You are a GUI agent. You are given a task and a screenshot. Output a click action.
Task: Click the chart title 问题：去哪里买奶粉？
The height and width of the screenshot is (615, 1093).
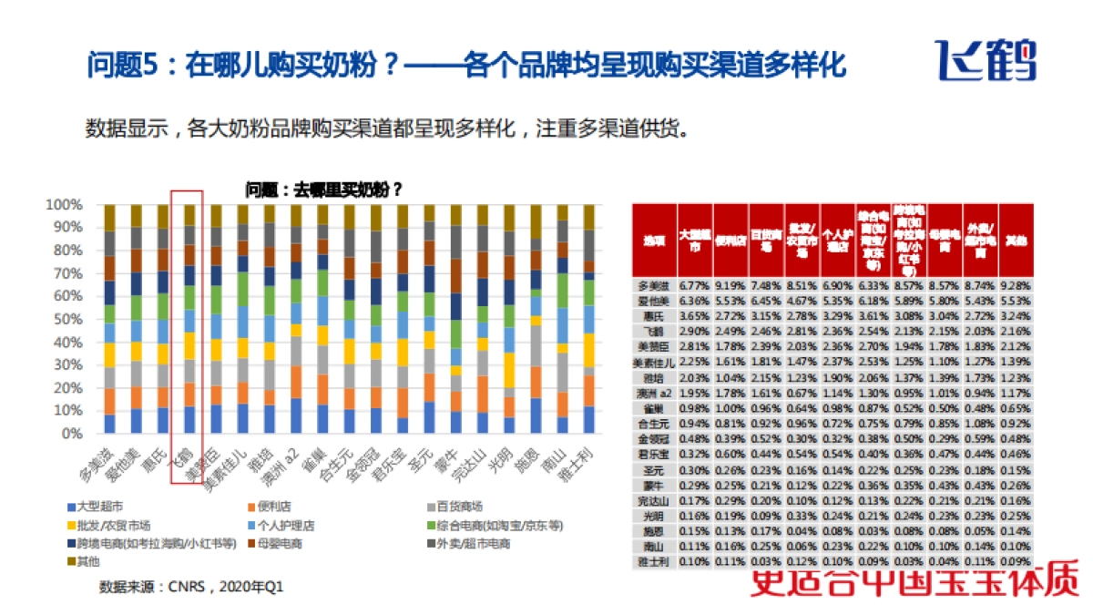coord(323,190)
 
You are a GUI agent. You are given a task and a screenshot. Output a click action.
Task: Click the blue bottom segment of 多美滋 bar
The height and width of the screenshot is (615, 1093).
coord(109,424)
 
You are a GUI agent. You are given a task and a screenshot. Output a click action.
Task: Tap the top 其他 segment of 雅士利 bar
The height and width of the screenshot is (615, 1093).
coord(588,216)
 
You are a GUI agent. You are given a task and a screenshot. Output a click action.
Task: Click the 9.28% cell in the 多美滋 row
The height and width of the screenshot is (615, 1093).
coord(1016,284)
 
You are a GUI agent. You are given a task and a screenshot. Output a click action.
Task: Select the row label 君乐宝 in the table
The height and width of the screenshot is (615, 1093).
coord(653,452)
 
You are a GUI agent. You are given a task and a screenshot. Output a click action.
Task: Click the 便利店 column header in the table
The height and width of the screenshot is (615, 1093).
coord(730,241)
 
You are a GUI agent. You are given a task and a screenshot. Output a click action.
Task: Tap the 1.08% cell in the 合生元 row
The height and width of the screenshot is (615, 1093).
coord(980,423)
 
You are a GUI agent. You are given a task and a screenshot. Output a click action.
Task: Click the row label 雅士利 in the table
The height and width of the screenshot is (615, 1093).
coord(653,561)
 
